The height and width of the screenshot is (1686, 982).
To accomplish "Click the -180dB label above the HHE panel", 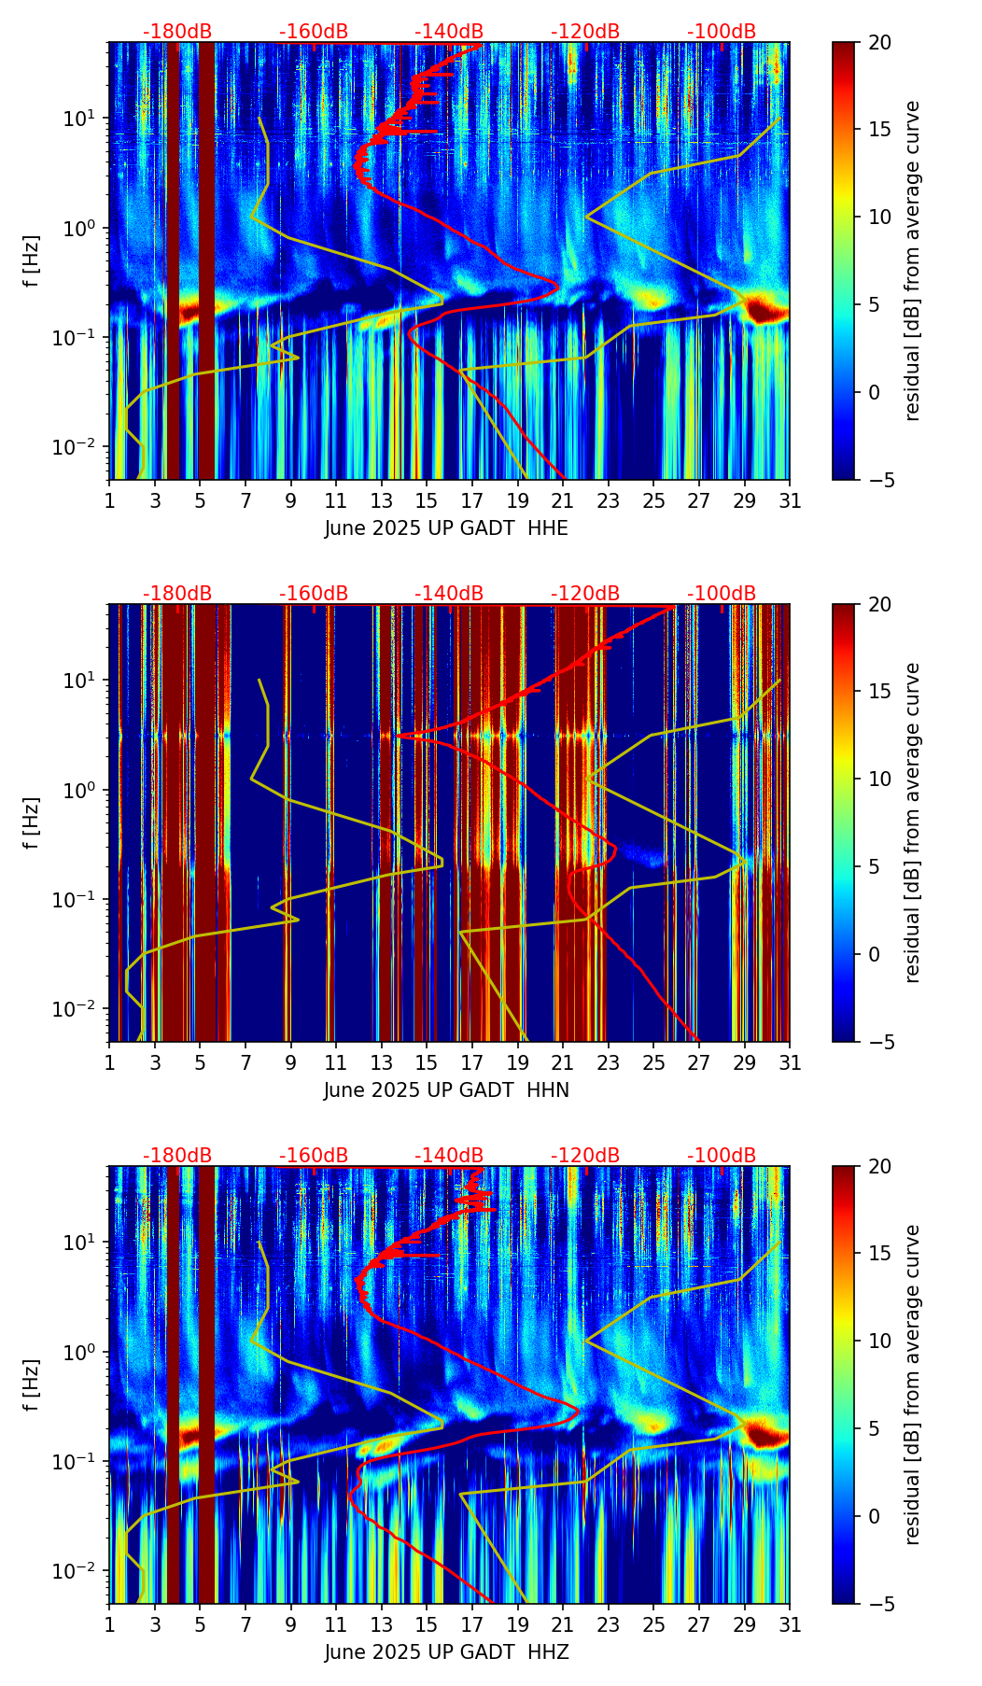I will (177, 32).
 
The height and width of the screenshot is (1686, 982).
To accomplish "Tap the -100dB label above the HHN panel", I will (722, 594).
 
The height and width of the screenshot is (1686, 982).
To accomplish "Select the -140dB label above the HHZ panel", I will (449, 1156).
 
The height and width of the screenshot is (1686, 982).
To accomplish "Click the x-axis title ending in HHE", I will (446, 528).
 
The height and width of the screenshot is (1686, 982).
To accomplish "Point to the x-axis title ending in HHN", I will (446, 1090).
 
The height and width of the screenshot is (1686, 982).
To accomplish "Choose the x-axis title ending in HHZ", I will (446, 1652).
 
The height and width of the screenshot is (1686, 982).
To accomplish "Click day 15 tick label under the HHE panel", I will (427, 500).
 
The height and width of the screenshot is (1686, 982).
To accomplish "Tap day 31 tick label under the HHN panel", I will (790, 1062).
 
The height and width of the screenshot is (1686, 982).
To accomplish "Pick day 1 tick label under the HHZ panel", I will (109, 1624).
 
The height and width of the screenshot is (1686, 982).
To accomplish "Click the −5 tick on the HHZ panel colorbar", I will (877, 1604).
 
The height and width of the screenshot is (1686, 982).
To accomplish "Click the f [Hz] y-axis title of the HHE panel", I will (32, 260).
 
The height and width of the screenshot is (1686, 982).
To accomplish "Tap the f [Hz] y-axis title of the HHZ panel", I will (32, 1384).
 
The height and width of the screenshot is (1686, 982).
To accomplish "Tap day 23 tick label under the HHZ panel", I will (608, 1624).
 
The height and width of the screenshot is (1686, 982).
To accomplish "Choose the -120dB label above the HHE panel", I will (585, 32).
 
